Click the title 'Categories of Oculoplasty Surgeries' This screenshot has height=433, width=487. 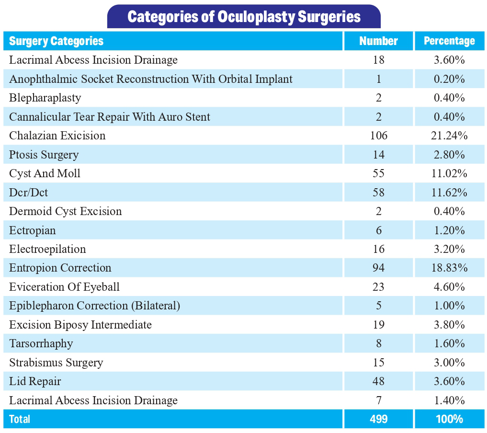[x=244, y=17]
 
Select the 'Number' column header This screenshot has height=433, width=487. [x=378, y=41]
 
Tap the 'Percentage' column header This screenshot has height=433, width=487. [x=449, y=41]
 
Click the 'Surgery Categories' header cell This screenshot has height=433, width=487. [x=56, y=41]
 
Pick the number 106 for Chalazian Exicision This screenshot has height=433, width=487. [x=378, y=136]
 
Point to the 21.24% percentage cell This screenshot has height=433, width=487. [x=449, y=136]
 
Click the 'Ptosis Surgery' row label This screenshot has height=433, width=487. [x=44, y=155]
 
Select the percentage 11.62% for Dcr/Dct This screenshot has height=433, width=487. [x=449, y=193]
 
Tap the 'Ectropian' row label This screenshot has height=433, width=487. [x=33, y=230]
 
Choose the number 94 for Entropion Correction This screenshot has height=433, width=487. [x=378, y=268]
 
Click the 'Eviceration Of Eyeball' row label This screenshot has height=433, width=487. [x=64, y=287]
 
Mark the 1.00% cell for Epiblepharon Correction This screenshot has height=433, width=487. [x=449, y=306]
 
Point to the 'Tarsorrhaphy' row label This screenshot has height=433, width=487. [x=41, y=343]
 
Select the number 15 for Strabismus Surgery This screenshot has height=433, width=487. [x=378, y=363]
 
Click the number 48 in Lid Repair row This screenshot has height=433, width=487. [x=378, y=381]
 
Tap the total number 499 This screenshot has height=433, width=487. [x=378, y=419]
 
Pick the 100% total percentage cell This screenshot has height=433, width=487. [x=449, y=419]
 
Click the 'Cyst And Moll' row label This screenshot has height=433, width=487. [x=45, y=173]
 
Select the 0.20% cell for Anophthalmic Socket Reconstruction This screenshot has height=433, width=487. [x=449, y=79]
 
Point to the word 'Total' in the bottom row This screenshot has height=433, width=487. [x=20, y=419]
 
